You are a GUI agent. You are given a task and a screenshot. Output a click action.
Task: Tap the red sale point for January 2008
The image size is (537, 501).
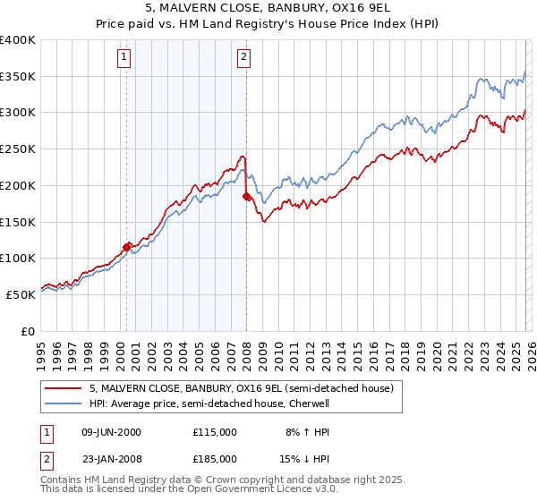(x=247, y=196)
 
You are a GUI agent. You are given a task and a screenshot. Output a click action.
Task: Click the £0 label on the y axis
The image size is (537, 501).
(x=27, y=330)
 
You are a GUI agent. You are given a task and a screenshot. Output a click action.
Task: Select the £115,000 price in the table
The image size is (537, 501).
(x=214, y=431)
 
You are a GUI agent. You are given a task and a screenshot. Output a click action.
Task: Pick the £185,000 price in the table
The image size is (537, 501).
(x=214, y=462)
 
